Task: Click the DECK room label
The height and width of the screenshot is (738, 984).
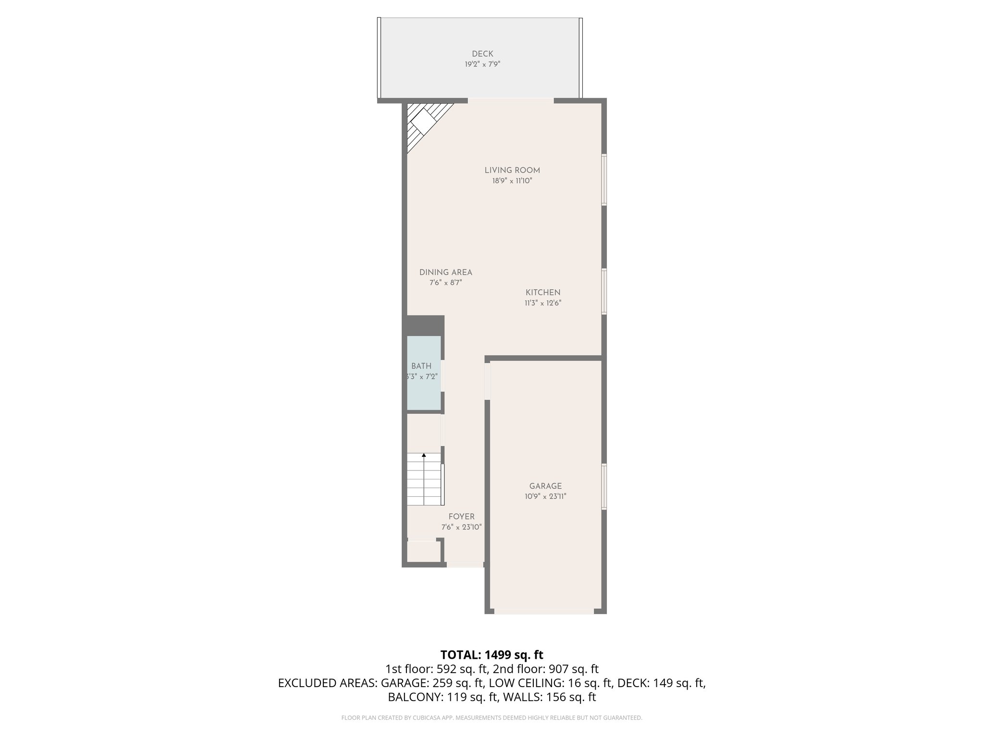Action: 482,54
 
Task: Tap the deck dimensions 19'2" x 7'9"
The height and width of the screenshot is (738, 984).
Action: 482,64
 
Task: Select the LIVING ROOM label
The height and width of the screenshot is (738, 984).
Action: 512,170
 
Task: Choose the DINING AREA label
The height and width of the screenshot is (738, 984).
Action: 446,272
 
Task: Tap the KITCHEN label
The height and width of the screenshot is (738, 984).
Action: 543,293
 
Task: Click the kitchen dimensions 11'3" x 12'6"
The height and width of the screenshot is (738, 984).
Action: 543,303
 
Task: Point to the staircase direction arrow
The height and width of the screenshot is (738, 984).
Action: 424,455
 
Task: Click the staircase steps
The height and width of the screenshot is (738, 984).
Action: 424,480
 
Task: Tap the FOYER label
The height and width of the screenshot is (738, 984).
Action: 461,517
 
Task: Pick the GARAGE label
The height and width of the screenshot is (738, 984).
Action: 545,486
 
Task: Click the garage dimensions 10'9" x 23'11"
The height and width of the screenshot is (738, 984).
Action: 545,497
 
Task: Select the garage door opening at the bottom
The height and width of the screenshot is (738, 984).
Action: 544,611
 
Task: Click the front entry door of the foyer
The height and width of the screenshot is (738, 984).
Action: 465,565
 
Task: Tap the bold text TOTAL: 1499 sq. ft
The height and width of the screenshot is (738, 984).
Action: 492,655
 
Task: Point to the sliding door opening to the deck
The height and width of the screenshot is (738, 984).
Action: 510,100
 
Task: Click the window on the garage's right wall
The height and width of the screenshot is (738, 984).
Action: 604,486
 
